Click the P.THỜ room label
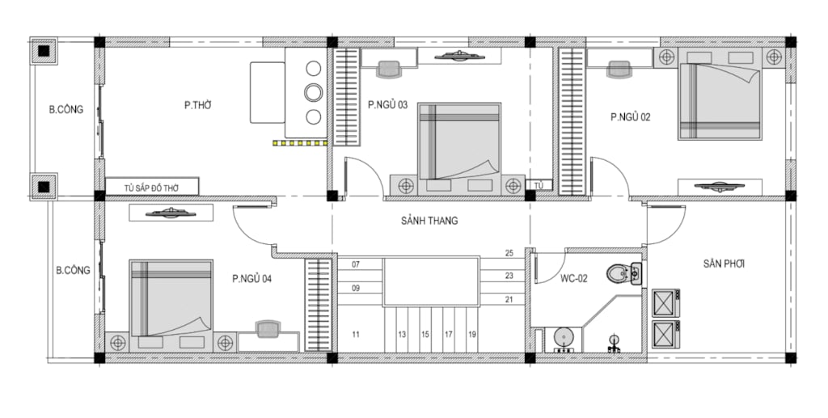[197, 105]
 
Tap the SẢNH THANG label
[429, 221]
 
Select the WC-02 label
[574, 278]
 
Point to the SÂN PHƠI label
[724, 264]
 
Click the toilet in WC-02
[623, 274]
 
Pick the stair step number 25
[509, 253]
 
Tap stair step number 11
[356, 334]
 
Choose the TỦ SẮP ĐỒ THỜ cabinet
[152, 188]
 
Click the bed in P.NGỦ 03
[459, 142]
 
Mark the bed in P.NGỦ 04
[171, 298]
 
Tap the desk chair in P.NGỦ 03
[389, 68]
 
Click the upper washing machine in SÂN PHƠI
[666, 303]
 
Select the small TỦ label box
[539, 185]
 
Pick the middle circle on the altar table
[313, 92]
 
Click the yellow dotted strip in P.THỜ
[301, 142]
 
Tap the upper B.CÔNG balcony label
[66, 110]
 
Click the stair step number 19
[471, 334]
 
